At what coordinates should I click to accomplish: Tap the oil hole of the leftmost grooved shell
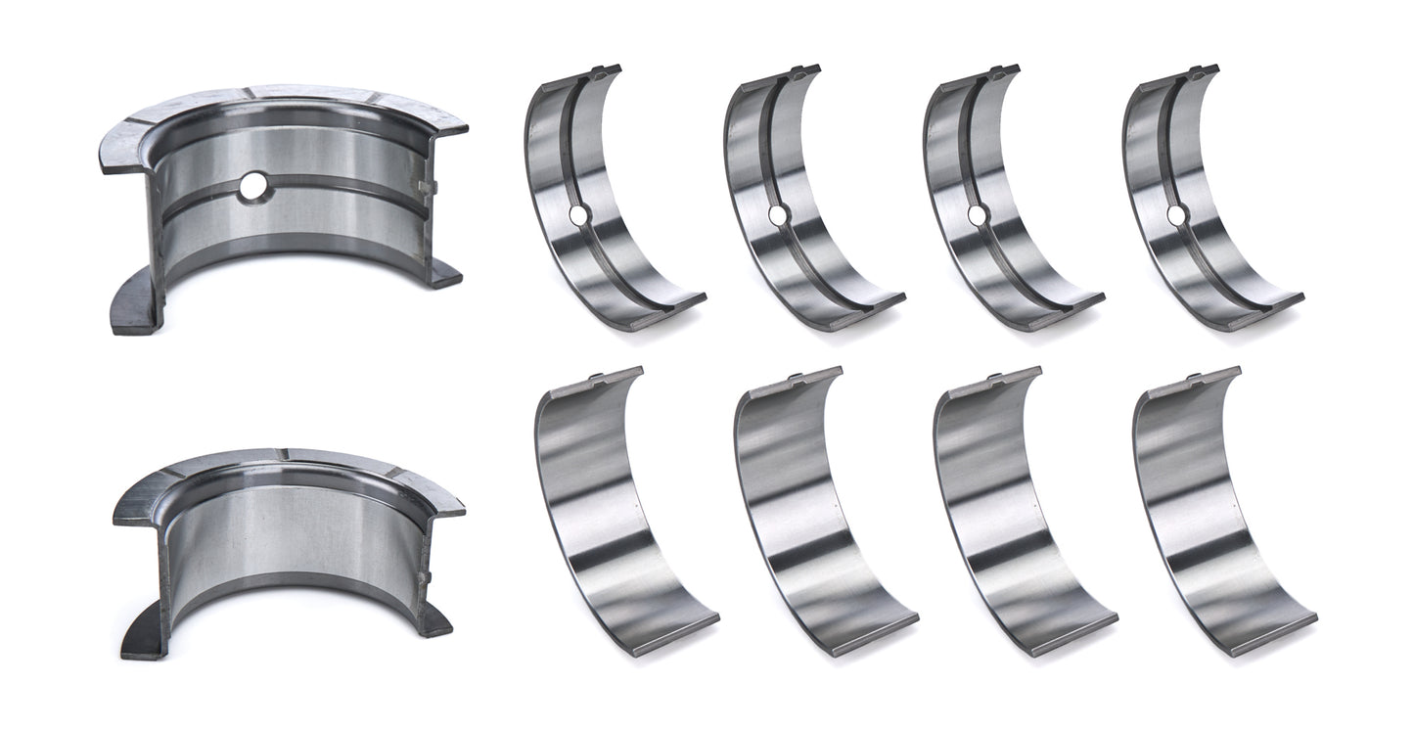(x=578, y=214)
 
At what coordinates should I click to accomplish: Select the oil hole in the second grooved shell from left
(x=777, y=214)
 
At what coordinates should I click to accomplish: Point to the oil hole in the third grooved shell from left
(x=977, y=214)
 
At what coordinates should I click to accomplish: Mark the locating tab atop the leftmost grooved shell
(x=605, y=70)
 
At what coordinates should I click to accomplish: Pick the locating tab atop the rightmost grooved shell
(x=1203, y=70)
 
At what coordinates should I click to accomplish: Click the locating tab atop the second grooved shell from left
(x=804, y=70)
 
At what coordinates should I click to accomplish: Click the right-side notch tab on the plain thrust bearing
(x=424, y=576)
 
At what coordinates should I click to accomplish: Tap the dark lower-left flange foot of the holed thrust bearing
(x=132, y=313)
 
